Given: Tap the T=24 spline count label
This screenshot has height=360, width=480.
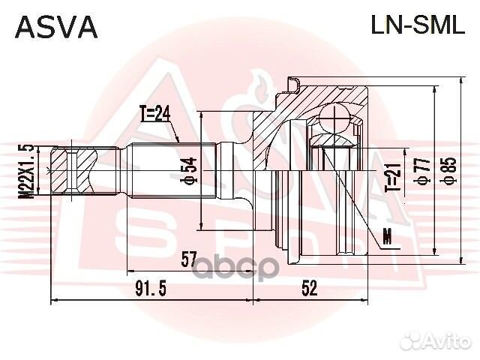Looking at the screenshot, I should click(156, 115).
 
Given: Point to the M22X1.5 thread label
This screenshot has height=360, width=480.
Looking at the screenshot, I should click(28, 171).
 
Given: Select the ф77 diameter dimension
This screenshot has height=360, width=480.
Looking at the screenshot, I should click(424, 172).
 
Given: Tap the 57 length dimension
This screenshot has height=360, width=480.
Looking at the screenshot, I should click(189, 259).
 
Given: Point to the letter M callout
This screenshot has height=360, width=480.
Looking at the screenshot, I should click(387, 238).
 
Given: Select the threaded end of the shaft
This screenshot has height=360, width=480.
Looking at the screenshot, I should click(73, 171).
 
